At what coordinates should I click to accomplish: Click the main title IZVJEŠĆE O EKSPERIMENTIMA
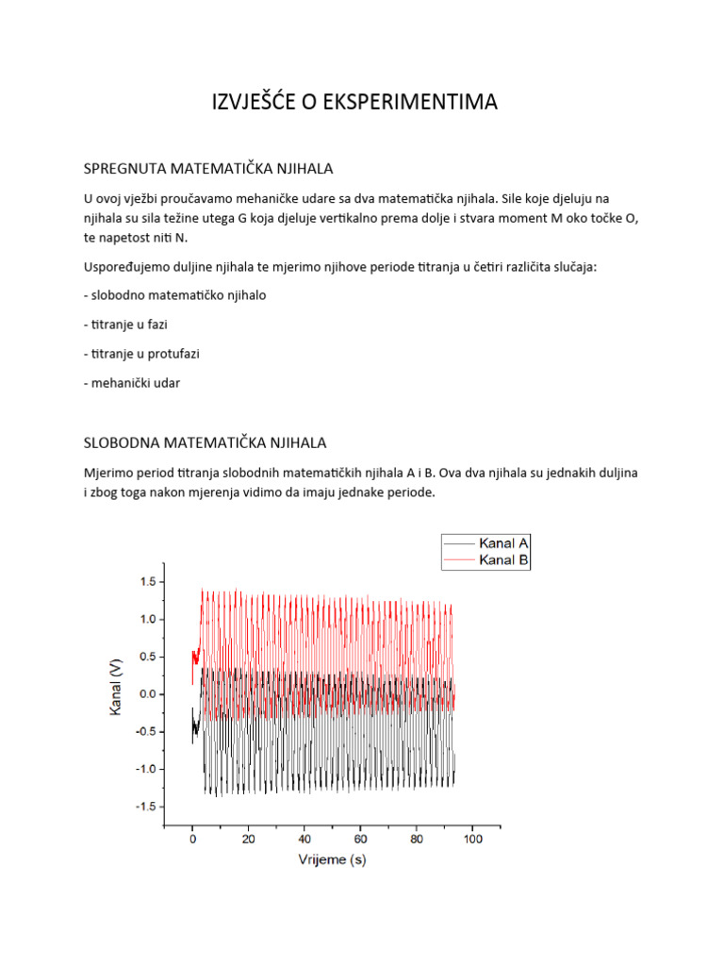point(354,103)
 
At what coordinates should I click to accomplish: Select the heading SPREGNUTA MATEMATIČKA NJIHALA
point(208,169)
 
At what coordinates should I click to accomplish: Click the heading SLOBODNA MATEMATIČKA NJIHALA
point(206,441)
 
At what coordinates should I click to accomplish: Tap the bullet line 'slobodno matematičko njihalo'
point(175,295)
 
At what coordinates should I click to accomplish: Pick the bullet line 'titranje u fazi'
point(130,325)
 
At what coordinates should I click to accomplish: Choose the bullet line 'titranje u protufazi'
point(142,354)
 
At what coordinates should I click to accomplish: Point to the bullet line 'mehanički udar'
point(132,383)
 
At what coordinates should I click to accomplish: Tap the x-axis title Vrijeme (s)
point(333,859)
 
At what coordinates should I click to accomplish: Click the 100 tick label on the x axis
point(472,838)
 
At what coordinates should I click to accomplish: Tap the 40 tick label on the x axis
point(304,838)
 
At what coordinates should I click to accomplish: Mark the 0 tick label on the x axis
point(192,838)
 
